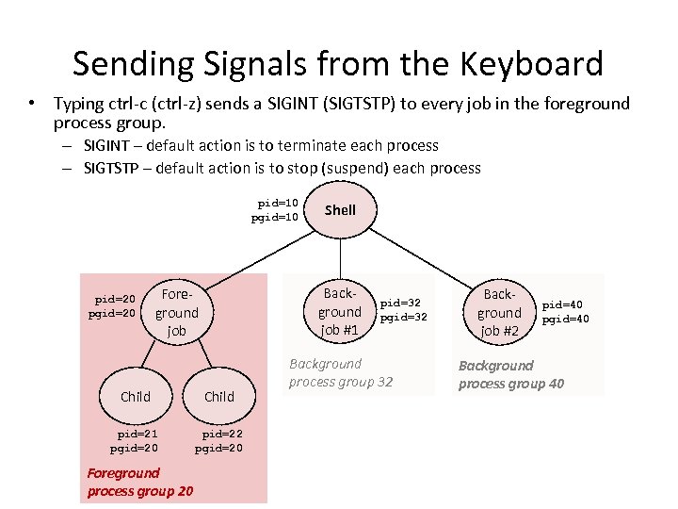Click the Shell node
pyautogui.click(x=340, y=210)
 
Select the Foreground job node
pyautogui.click(x=176, y=312)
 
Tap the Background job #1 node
pyautogui.click(x=339, y=312)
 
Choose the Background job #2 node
pyautogui.click(x=498, y=312)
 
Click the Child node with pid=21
pyautogui.click(x=136, y=397)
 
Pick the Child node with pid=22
pyautogui.click(x=218, y=397)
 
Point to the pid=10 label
pyautogui.click(x=278, y=203)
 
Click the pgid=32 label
pyautogui.click(x=403, y=318)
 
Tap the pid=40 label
pyautogui.click(x=562, y=304)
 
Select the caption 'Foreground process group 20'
pyautogui.click(x=139, y=482)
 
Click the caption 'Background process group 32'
pyautogui.click(x=341, y=372)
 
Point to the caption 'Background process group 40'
pyautogui.click(x=511, y=374)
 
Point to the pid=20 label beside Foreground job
pyautogui.click(x=115, y=299)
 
